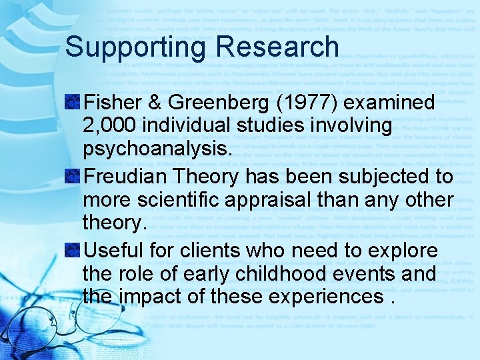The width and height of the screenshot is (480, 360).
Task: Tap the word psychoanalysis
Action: click(157, 149)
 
